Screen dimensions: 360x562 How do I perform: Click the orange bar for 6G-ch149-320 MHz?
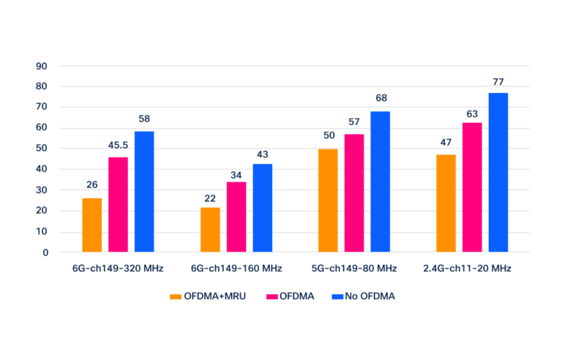click(92, 225)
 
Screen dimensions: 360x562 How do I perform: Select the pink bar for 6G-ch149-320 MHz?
click(119, 204)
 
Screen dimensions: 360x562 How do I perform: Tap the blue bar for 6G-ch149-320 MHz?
click(144, 192)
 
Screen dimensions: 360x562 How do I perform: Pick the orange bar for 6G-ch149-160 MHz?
click(210, 230)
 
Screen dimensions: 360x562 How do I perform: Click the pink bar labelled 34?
click(236, 217)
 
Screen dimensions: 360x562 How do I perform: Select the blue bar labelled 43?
click(262, 208)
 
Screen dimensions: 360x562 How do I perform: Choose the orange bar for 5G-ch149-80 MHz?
click(328, 200)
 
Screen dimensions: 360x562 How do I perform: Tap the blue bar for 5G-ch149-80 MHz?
click(381, 181)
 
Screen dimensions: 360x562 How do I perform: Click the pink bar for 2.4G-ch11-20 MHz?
click(472, 187)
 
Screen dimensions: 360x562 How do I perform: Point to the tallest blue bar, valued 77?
click(498, 172)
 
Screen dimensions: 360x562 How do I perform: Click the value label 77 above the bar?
click(498, 82)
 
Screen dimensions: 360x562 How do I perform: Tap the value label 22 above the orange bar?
click(210, 198)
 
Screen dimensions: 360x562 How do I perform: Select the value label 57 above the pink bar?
click(354, 122)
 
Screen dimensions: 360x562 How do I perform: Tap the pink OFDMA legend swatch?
click(271, 296)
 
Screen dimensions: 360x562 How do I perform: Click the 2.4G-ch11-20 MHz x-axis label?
click(467, 269)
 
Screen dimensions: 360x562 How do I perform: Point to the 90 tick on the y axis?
click(42, 66)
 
